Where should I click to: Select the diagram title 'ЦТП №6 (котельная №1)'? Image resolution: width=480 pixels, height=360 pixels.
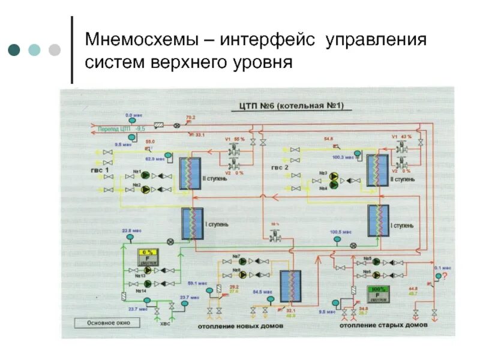pos(287,106)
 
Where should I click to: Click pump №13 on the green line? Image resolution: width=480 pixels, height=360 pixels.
pos(147,270)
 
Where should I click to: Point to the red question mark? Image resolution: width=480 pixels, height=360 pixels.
pos(446,275)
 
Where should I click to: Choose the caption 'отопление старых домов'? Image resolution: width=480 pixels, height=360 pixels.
pos(383,326)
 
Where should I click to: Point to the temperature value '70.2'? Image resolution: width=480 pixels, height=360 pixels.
pos(191,118)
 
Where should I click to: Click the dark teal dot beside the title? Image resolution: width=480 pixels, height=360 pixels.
pos(14,50)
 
